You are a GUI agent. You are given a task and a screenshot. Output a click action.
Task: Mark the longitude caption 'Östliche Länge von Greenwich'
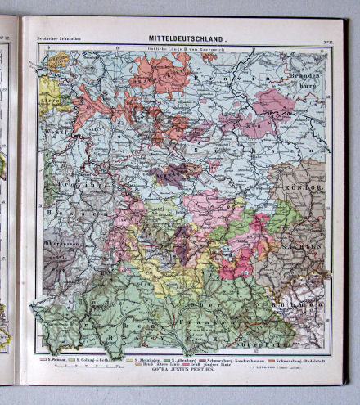[x=182, y=52]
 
